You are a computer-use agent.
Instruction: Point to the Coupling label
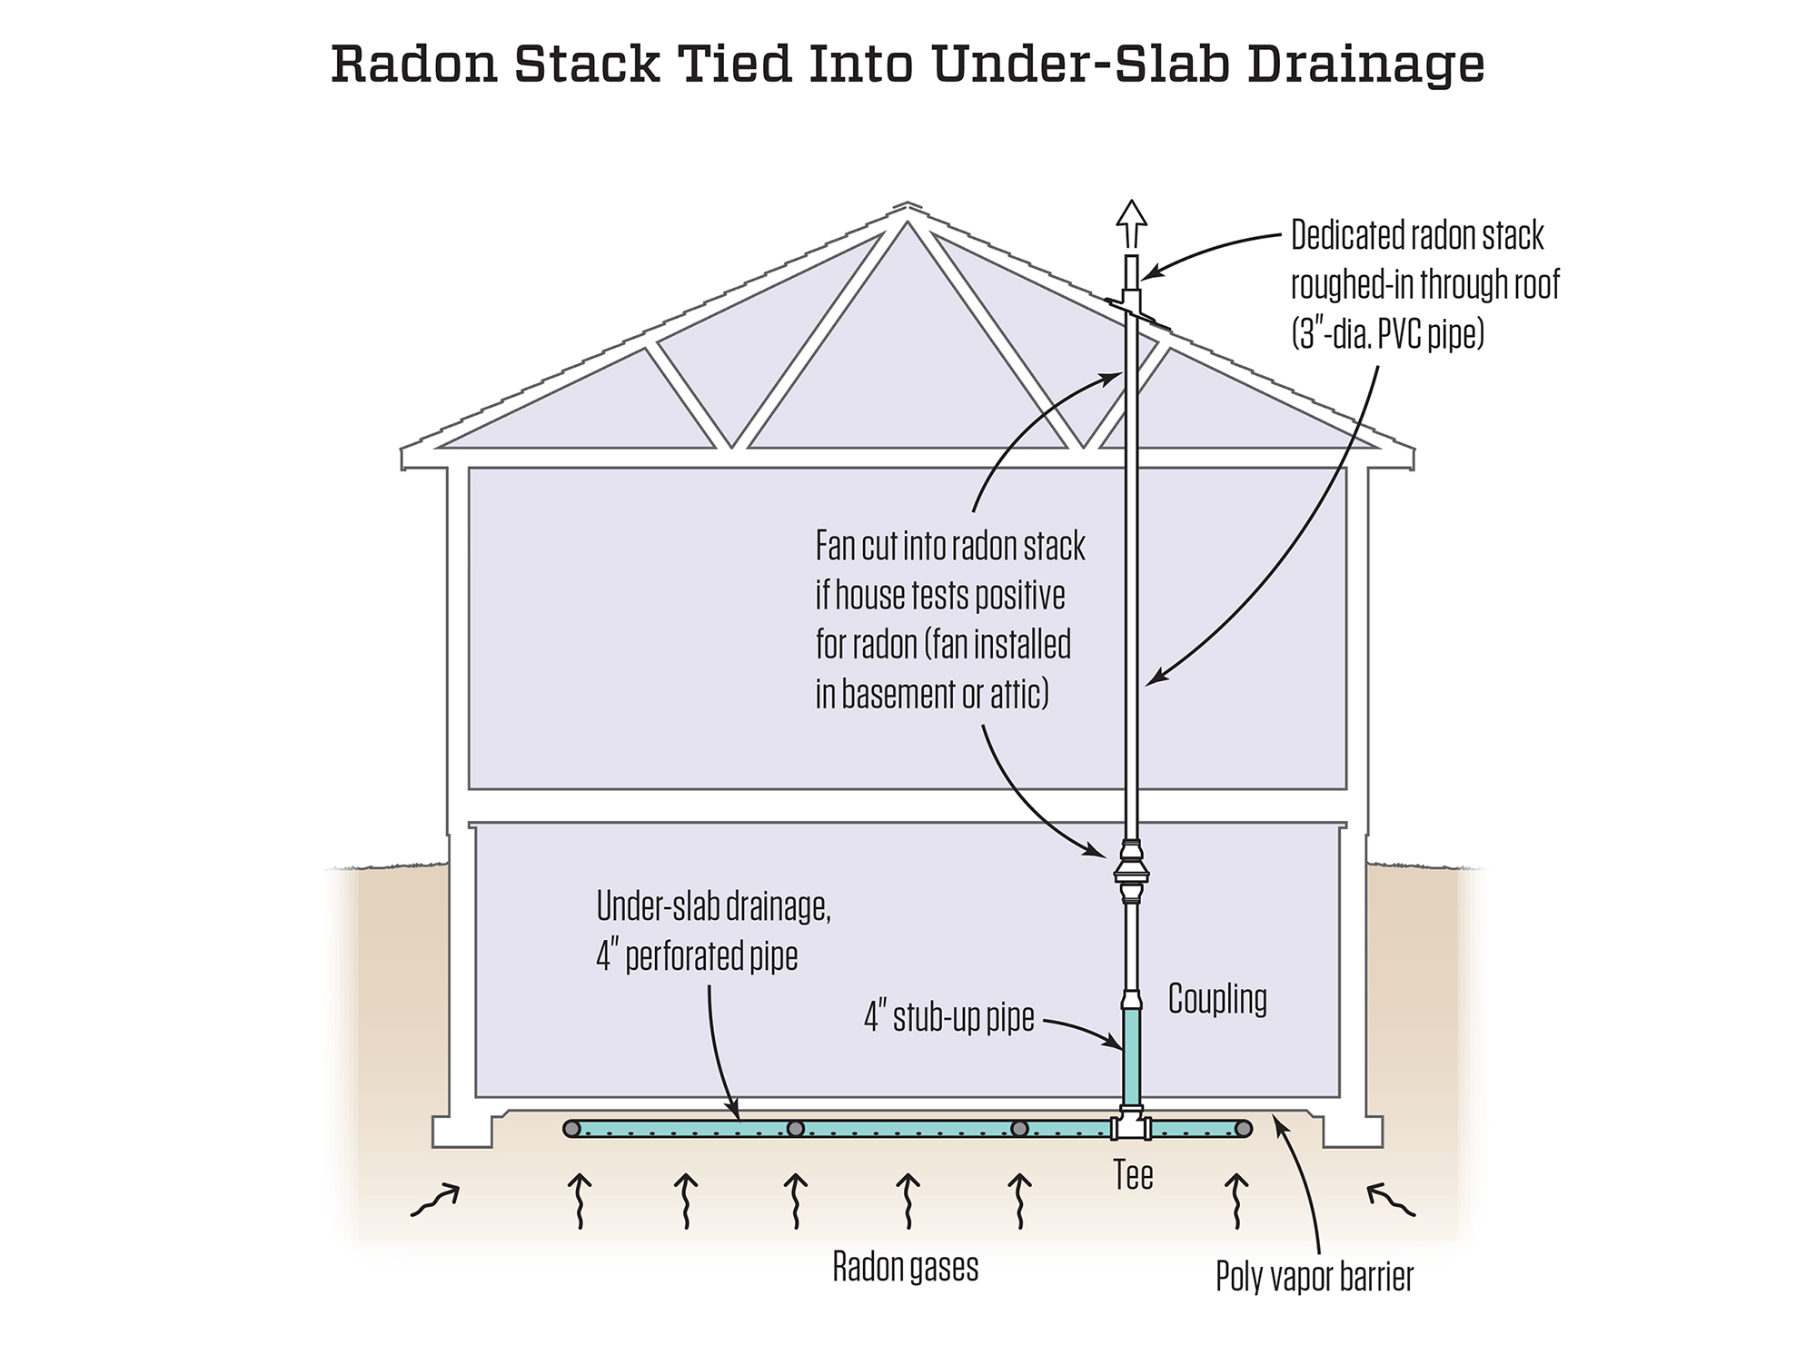1217,999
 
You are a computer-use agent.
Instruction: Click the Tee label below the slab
1133,1175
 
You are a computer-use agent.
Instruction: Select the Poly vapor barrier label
1315,1277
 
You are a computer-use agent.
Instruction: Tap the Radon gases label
906,1268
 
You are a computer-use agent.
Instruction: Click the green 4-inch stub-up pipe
1132,1058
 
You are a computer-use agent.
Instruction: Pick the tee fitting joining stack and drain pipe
1132,1128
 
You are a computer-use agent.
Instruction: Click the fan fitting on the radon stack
1131,875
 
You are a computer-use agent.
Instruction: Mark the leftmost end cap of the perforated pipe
571,1129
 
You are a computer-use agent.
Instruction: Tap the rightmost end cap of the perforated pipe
1244,1129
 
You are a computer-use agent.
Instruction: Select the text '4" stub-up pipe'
948,1018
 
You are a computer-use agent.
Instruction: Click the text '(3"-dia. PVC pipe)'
1387,334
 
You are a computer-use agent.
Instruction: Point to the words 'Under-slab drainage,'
713,906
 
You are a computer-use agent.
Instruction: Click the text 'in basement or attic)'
932,695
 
